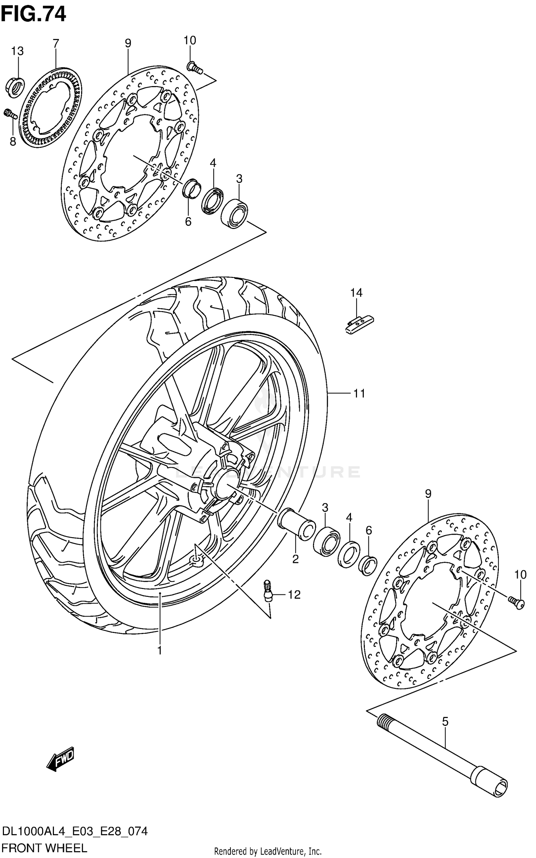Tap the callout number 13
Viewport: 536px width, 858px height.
point(17,51)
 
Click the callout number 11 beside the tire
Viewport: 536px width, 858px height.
point(359,393)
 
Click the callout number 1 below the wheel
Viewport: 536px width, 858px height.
point(160,650)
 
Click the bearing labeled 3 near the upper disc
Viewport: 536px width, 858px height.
point(234,214)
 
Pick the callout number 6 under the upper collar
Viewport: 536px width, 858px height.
point(188,222)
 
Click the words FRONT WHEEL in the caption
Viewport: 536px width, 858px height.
point(44,848)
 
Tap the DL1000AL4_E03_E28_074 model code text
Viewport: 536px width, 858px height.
point(74,832)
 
